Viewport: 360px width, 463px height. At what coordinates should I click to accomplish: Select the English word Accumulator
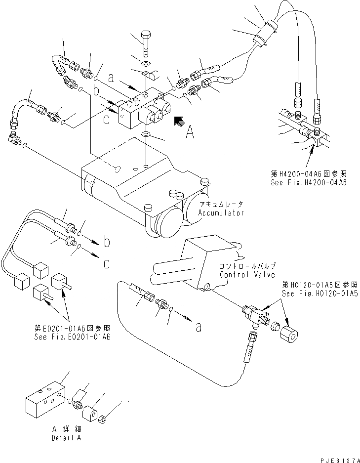point(222,213)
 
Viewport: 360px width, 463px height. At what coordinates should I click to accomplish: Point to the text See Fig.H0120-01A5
point(321,293)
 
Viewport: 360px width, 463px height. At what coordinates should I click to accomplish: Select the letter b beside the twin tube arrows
point(107,242)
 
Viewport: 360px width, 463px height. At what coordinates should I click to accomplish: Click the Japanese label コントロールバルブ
point(246,266)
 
